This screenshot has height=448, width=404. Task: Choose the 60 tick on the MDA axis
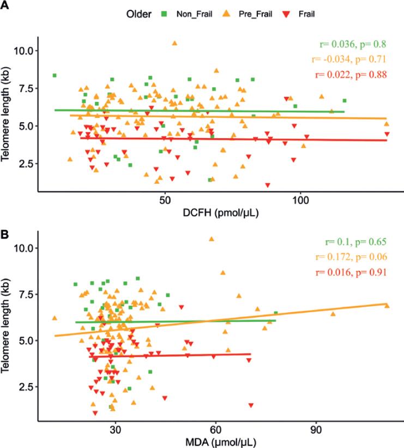pos(215,428)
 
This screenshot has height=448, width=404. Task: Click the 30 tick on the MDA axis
pos(115,428)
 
